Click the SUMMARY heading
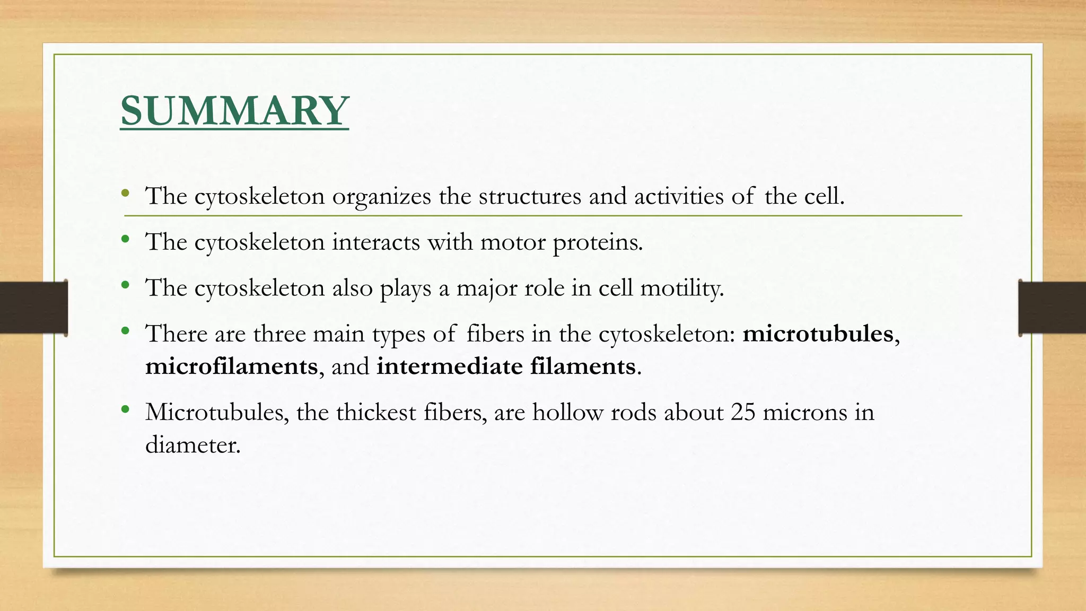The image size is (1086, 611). pyautogui.click(x=234, y=110)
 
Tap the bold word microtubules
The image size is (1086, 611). pyautogui.click(x=818, y=334)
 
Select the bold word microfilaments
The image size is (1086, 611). pyautogui.click(x=231, y=366)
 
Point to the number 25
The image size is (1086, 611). pyautogui.click(x=742, y=412)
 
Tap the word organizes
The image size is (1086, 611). pyautogui.click(x=381, y=197)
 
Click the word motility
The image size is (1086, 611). pyautogui.click(x=681, y=289)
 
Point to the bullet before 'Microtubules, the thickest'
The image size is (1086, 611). pyautogui.click(x=125, y=409)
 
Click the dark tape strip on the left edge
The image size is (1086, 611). pyautogui.click(x=33, y=308)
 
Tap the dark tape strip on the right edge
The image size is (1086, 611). pyautogui.click(x=1052, y=308)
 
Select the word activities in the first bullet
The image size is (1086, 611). pyautogui.click(x=679, y=197)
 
